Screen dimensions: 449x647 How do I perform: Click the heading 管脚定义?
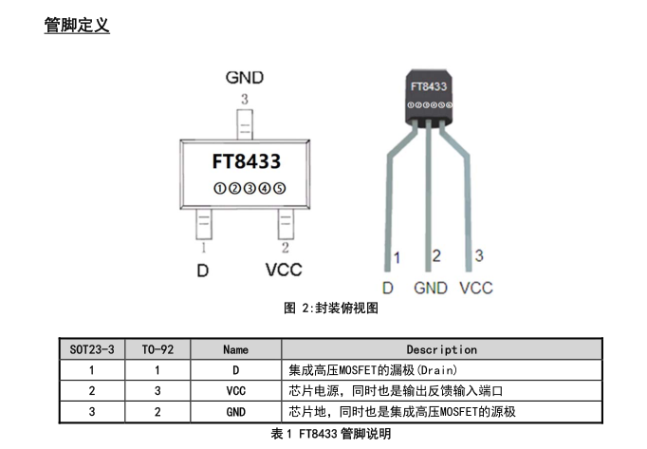[x=77, y=26]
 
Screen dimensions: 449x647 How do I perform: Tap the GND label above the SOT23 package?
[x=245, y=78]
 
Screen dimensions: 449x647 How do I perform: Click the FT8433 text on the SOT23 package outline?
[x=247, y=161]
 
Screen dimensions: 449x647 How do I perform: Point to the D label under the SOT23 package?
[x=202, y=271]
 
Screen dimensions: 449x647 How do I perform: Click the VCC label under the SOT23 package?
[x=284, y=270]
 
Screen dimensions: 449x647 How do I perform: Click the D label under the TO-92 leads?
[x=388, y=288]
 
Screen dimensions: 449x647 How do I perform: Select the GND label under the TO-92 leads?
[x=431, y=288]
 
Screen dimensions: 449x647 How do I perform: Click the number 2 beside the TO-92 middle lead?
[x=436, y=255]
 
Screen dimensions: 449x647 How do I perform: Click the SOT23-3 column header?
[x=91, y=349]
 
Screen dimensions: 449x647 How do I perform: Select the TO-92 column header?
[x=157, y=349]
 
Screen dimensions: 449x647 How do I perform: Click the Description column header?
[x=441, y=349]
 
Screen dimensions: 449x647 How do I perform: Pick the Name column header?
[x=235, y=349]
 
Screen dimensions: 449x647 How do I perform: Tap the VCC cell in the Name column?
[x=235, y=390]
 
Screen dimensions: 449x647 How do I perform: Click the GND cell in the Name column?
[x=235, y=411]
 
